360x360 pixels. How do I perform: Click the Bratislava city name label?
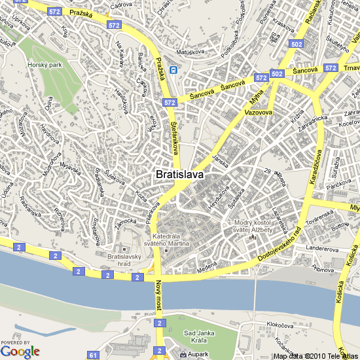tap(180, 175)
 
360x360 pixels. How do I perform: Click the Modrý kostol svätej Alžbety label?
tap(253, 226)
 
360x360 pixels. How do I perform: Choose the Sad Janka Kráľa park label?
tap(199, 336)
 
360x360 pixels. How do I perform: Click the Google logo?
tap(20, 351)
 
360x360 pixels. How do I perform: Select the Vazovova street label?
tap(259, 113)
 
